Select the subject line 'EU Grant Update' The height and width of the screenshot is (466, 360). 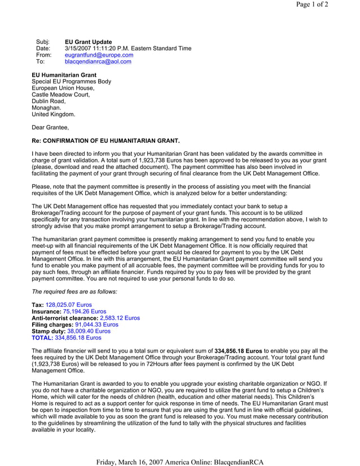[89, 42]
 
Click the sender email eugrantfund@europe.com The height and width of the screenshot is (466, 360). [99, 55]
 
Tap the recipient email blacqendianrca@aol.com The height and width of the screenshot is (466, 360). [98, 62]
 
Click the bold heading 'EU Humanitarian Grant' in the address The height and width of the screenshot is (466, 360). [64, 74]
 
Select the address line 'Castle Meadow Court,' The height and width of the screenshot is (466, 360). [60, 95]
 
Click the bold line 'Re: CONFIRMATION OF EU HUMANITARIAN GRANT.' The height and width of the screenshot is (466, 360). [106, 140]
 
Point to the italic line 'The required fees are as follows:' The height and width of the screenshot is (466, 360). [74, 292]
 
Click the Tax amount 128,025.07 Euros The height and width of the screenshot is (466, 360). [68, 305]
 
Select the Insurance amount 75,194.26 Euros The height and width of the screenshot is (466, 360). [84, 311]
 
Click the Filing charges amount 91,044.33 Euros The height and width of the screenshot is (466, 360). [93, 324]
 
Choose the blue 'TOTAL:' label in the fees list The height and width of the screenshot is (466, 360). [42, 338]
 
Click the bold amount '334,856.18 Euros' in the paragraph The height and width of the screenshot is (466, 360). [238, 350]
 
